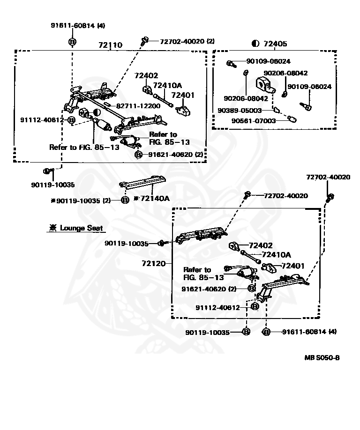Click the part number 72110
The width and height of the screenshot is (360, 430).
pos(110,44)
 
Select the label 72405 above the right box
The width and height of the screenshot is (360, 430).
pos(275,44)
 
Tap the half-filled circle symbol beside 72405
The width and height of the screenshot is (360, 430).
pos(255,44)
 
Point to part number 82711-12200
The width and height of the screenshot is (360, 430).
pos(138,106)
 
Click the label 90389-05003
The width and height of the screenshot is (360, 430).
pos(240,110)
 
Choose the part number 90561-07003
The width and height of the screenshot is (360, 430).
pos(254,121)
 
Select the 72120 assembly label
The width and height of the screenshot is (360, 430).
pos(154,264)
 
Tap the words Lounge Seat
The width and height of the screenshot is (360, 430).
pos(81,228)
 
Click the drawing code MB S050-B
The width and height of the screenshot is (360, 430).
pos(322,357)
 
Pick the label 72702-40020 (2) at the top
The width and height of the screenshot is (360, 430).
pos(187,41)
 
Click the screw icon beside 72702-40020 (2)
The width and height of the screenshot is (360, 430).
pos(144,41)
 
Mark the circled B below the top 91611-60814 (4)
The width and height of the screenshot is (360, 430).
pos(72,42)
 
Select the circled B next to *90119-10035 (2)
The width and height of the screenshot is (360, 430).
pos(125,200)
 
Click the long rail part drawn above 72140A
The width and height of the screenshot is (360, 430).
pos(142,182)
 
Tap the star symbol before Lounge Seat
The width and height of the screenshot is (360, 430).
pos(52,228)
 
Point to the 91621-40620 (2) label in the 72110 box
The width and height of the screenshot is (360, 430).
pos(176,155)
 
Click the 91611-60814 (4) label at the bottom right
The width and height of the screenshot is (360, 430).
pos(309,332)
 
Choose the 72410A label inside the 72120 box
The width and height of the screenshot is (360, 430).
pos(276,255)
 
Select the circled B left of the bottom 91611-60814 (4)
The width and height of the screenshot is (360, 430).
pos(266,332)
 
